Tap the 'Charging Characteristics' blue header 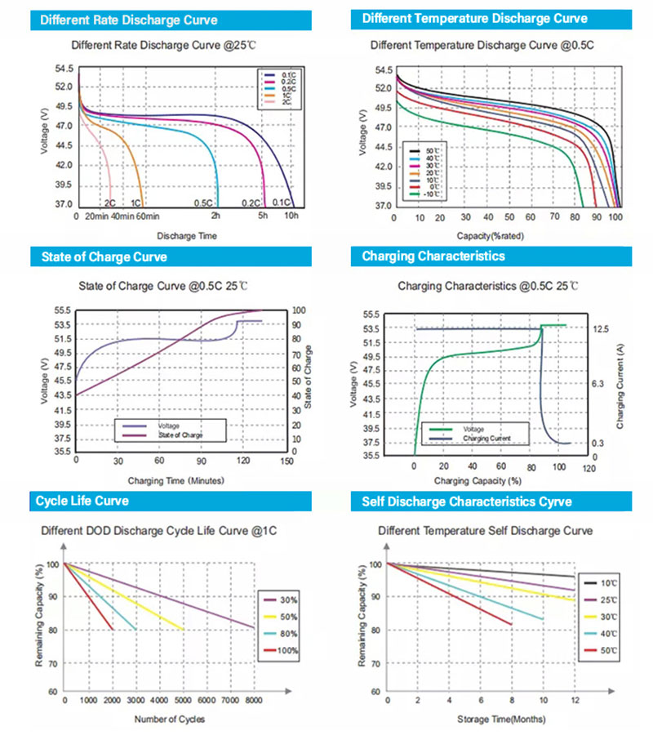433,256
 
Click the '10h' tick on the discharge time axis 291,216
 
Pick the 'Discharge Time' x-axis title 187,236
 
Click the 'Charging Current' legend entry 487,439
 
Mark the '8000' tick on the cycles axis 253,701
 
